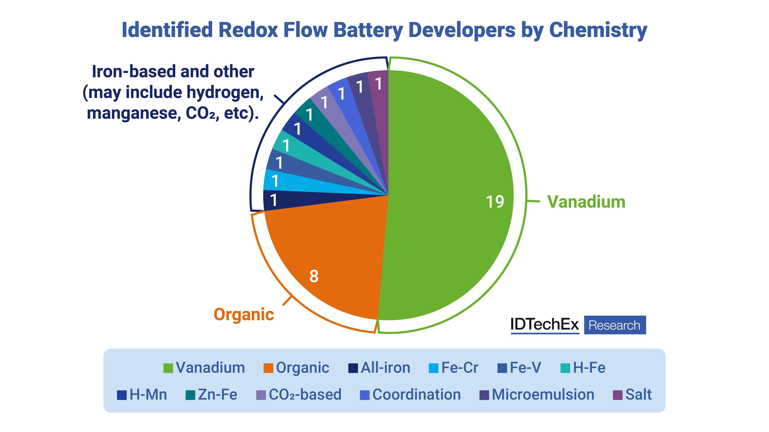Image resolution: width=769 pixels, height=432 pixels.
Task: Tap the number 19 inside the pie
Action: pyautogui.click(x=495, y=202)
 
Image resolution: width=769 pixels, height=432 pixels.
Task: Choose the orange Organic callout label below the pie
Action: pyautogui.click(x=244, y=315)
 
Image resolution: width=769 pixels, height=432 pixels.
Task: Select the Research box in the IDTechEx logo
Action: pyautogui.click(x=615, y=325)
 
